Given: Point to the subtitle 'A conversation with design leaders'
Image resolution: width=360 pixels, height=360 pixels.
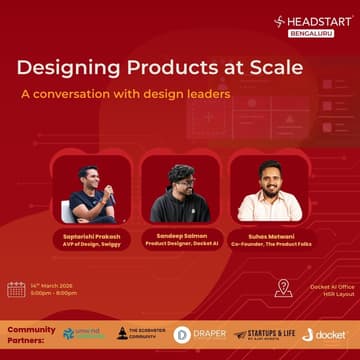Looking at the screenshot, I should (x=126, y=95).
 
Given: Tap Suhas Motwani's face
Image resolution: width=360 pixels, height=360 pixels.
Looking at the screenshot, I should (x=269, y=178).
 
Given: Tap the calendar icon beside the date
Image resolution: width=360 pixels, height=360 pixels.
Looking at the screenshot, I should (x=16, y=289).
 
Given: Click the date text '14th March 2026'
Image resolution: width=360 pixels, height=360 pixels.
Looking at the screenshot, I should (x=55, y=285).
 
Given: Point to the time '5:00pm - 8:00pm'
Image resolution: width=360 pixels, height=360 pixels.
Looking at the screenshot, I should (x=55, y=294).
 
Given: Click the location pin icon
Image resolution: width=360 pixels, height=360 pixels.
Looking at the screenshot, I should (x=283, y=288).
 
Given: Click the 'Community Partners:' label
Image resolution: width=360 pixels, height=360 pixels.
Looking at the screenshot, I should (x=31, y=333).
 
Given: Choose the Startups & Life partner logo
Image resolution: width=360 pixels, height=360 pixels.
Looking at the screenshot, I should (x=259, y=334).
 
